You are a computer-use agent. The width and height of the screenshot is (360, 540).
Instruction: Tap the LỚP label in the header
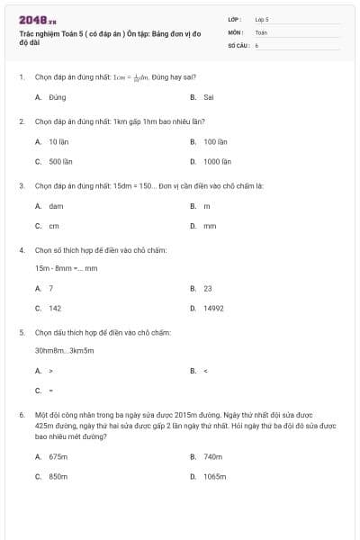(x=235, y=19)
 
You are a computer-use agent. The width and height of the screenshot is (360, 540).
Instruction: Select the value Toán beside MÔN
(x=261, y=31)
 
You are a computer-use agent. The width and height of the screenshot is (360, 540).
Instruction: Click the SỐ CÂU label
(x=238, y=44)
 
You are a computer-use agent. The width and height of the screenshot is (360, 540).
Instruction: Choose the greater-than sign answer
(x=50, y=370)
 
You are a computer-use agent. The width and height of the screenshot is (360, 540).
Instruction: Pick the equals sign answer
(x=50, y=391)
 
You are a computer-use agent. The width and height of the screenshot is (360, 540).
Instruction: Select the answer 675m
(x=58, y=456)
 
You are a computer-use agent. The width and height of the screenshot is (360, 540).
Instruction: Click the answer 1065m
(x=214, y=476)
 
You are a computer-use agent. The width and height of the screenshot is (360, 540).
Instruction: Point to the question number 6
(x=21, y=415)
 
